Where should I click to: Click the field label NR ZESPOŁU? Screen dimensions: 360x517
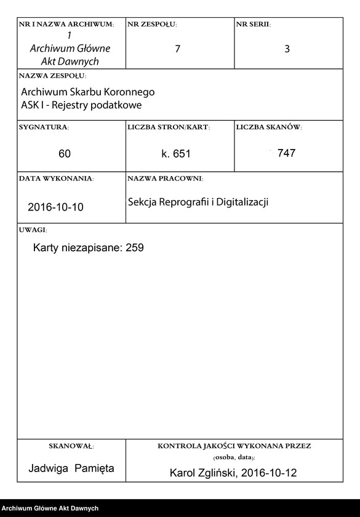click(152, 24)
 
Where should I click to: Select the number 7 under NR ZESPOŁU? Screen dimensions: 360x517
click(177, 49)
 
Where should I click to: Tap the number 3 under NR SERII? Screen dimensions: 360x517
click(287, 49)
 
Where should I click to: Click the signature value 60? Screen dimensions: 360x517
click(65, 154)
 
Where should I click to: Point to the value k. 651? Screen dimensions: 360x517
click(175, 154)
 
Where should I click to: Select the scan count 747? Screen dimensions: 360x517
click(286, 153)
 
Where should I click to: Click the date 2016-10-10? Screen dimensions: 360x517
click(55, 207)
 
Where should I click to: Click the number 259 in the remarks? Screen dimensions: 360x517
click(134, 248)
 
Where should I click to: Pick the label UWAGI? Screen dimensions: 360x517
click(33, 229)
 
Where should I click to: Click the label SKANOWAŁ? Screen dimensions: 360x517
click(71, 446)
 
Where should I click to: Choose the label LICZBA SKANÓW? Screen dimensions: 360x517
click(269, 127)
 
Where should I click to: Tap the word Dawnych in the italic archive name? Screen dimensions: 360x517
click(78, 62)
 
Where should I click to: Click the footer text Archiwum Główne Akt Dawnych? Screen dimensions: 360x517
click(50, 508)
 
